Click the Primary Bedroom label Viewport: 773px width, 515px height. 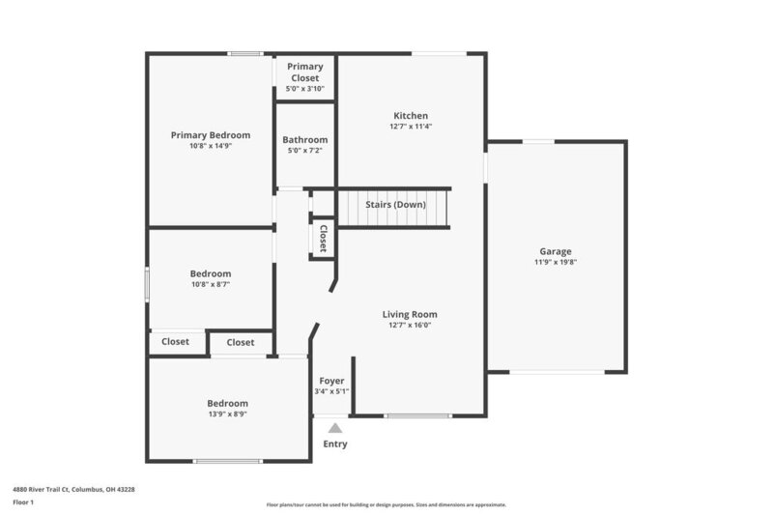pos(211,135)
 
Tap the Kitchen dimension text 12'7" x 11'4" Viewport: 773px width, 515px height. pos(411,127)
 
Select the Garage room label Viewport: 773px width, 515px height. pos(556,251)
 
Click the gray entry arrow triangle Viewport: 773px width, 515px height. pos(334,428)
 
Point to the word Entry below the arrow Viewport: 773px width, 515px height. pos(334,444)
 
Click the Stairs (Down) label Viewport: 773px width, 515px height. pos(395,205)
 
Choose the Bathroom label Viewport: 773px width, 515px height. pos(305,140)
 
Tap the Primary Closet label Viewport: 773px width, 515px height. pos(305,72)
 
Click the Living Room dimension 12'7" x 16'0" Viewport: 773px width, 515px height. pos(411,326)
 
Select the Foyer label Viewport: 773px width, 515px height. pos(331,380)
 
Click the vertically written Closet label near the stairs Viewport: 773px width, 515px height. pos(323,239)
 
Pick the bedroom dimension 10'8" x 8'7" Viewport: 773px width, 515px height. pos(211,285)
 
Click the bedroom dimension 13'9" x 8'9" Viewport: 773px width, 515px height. pos(228,414)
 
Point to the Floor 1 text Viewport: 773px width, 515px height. pos(23,503)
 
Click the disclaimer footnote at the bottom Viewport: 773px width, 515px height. pos(386,504)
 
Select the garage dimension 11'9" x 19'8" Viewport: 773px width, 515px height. pos(556,262)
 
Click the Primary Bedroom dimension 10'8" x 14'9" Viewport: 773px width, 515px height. pos(211,146)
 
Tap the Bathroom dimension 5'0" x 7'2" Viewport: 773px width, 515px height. pos(305,151)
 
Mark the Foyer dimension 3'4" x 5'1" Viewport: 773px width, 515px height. pos(331,390)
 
